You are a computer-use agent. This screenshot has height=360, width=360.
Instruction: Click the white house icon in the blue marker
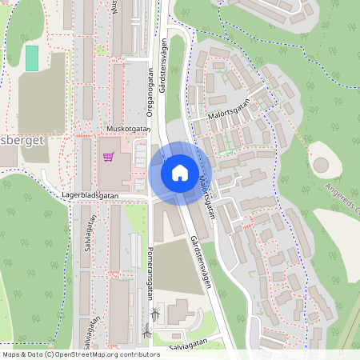(179, 172)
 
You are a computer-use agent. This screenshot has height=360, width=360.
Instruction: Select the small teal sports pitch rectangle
(31, 58)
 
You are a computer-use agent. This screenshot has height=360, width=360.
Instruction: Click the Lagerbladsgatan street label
(90, 194)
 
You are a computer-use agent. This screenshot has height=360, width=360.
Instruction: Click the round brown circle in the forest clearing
(321, 165)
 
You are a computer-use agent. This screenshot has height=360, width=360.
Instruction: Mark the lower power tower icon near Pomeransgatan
(147, 330)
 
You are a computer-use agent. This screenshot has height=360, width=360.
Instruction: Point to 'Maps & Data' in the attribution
(22, 354)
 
